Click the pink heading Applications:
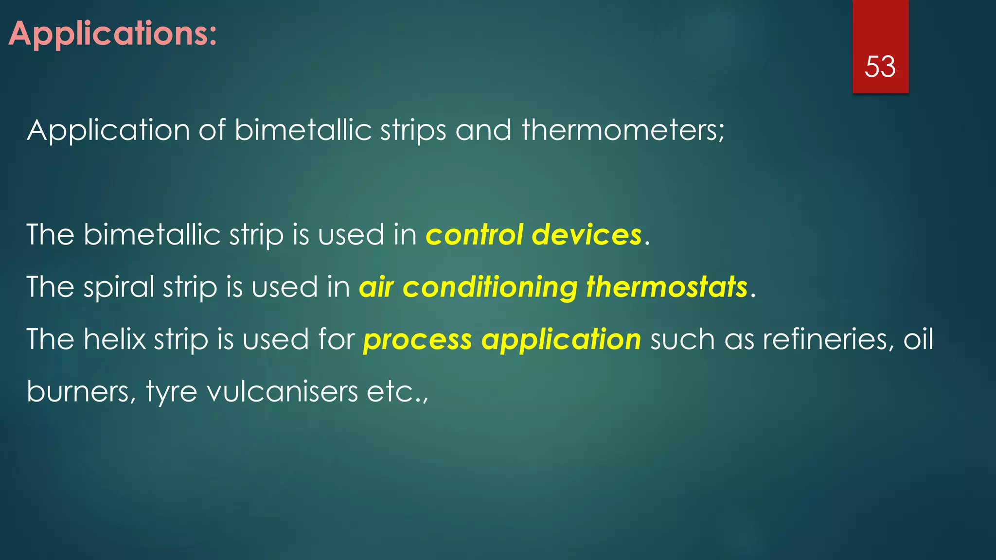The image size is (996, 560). pyautogui.click(x=113, y=34)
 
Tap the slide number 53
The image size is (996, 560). pyautogui.click(x=880, y=67)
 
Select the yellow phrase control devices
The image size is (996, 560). pyautogui.click(x=534, y=235)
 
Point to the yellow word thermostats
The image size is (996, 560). pyautogui.click(x=667, y=287)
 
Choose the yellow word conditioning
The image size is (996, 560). pyautogui.click(x=490, y=288)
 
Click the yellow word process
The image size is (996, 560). pyautogui.click(x=418, y=340)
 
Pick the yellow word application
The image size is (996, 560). pyautogui.click(x=561, y=340)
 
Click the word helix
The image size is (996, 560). pyautogui.click(x=115, y=339)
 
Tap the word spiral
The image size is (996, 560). pyautogui.click(x=119, y=288)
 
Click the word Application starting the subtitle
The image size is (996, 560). pyautogui.click(x=108, y=131)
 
